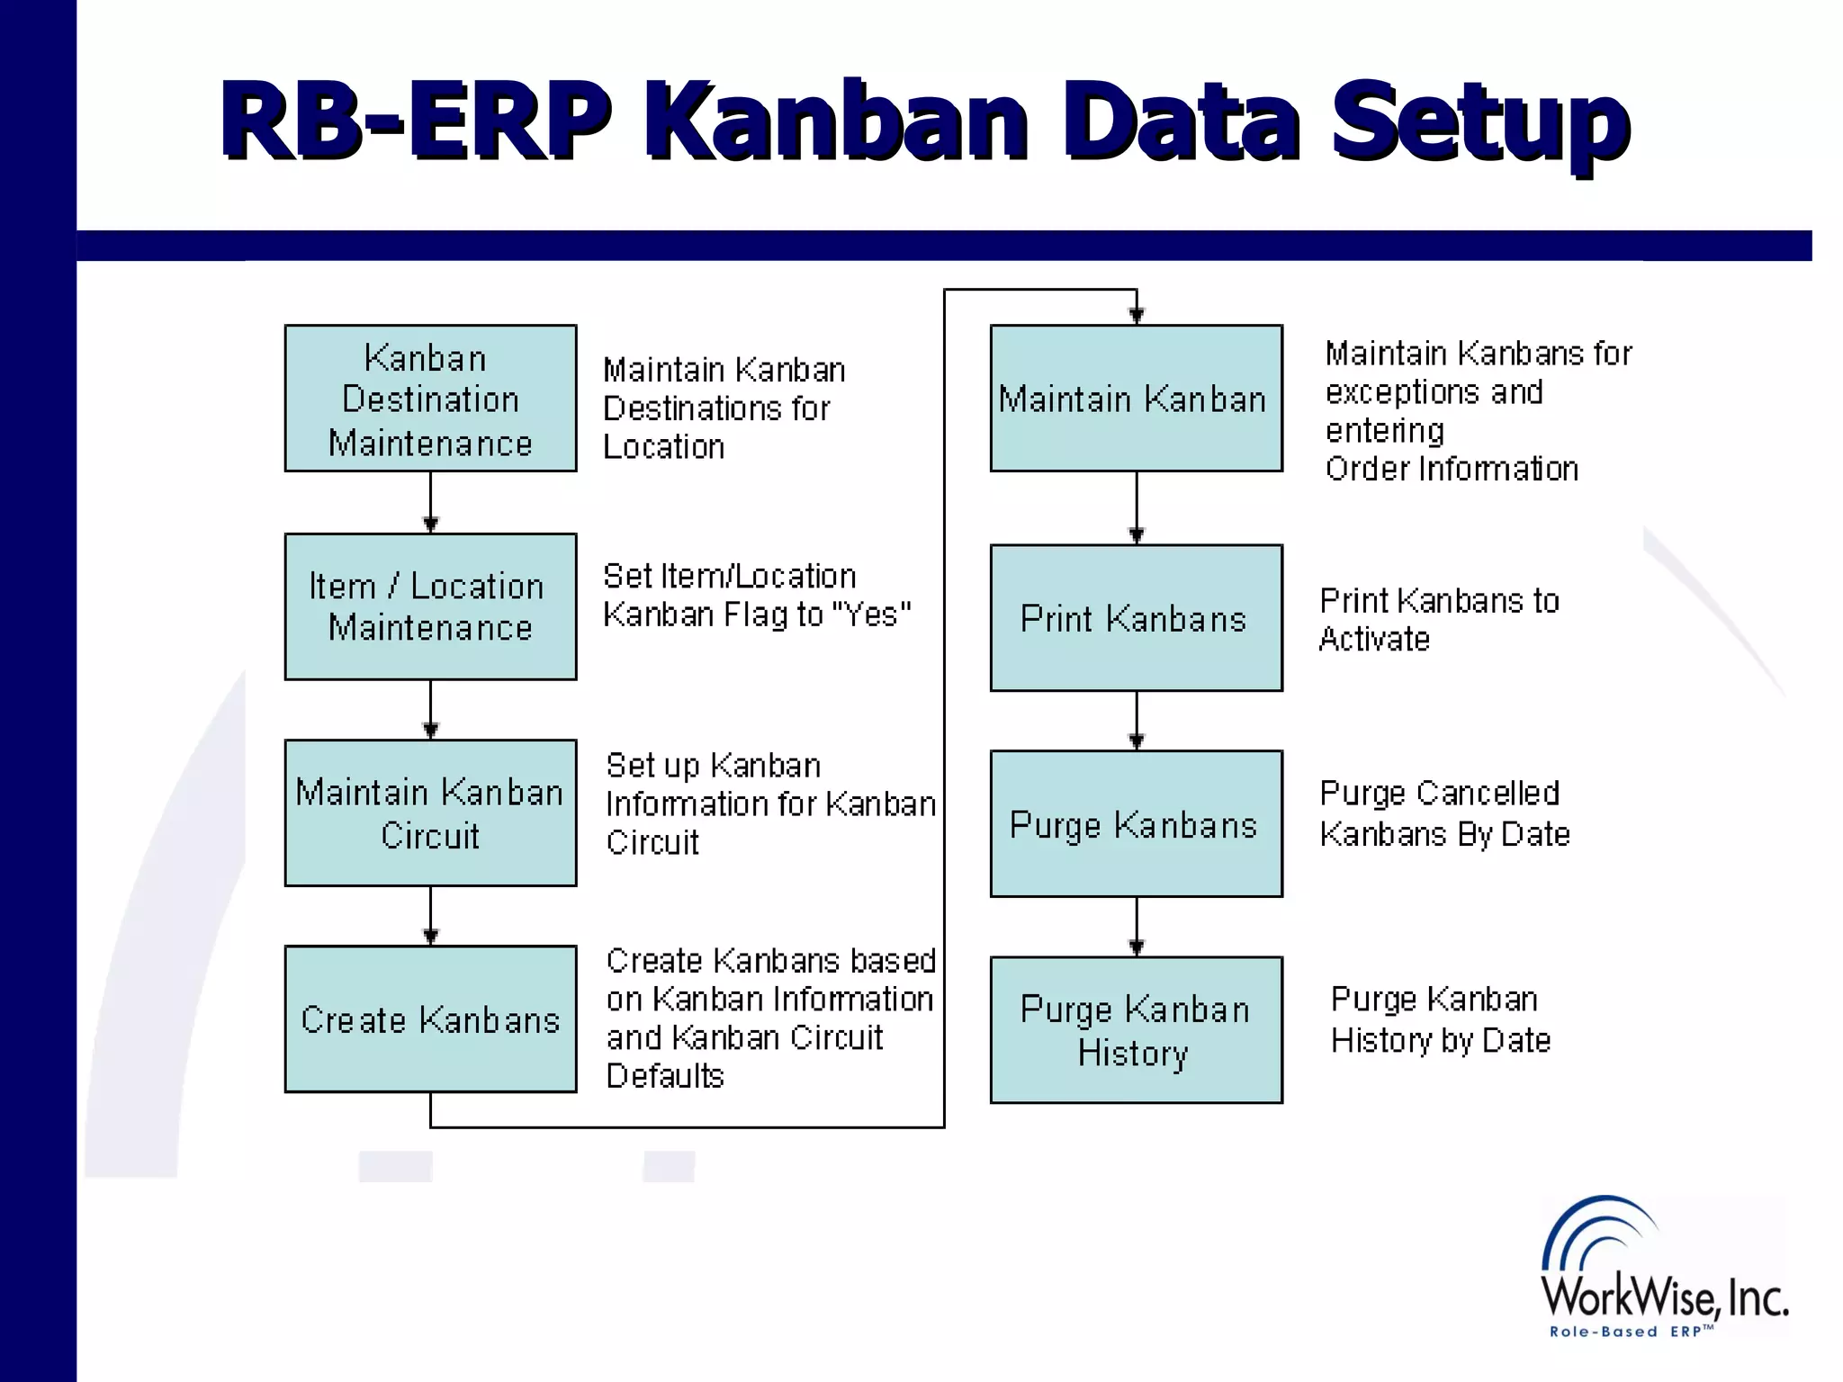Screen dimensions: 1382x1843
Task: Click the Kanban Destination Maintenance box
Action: [x=430, y=398]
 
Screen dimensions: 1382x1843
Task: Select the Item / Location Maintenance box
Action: [x=430, y=606]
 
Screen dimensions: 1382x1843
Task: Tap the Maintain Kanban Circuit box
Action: [x=430, y=812]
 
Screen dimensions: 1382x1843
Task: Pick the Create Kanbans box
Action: [x=430, y=1019]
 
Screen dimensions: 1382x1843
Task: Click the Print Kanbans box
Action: [x=1136, y=618]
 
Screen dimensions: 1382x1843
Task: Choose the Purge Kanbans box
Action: [x=1136, y=823]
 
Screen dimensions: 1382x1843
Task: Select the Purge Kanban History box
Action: [x=1136, y=1029]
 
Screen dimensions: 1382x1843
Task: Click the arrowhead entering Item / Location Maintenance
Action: [x=430, y=525]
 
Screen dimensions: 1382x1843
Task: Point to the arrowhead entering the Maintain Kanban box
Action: [x=1137, y=315]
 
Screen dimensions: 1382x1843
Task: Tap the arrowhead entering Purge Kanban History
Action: [x=1137, y=947]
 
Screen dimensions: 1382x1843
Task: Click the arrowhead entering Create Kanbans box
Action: [x=430, y=937]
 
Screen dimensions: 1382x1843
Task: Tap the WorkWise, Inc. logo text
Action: [x=1664, y=1297]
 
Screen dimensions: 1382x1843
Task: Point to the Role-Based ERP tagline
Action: [x=1631, y=1332]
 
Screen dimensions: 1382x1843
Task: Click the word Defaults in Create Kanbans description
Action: [x=665, y=1076]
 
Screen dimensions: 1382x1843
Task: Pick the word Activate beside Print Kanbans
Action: [x=1374, y=639]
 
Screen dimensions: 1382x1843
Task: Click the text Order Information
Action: [x=1452, y=469]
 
